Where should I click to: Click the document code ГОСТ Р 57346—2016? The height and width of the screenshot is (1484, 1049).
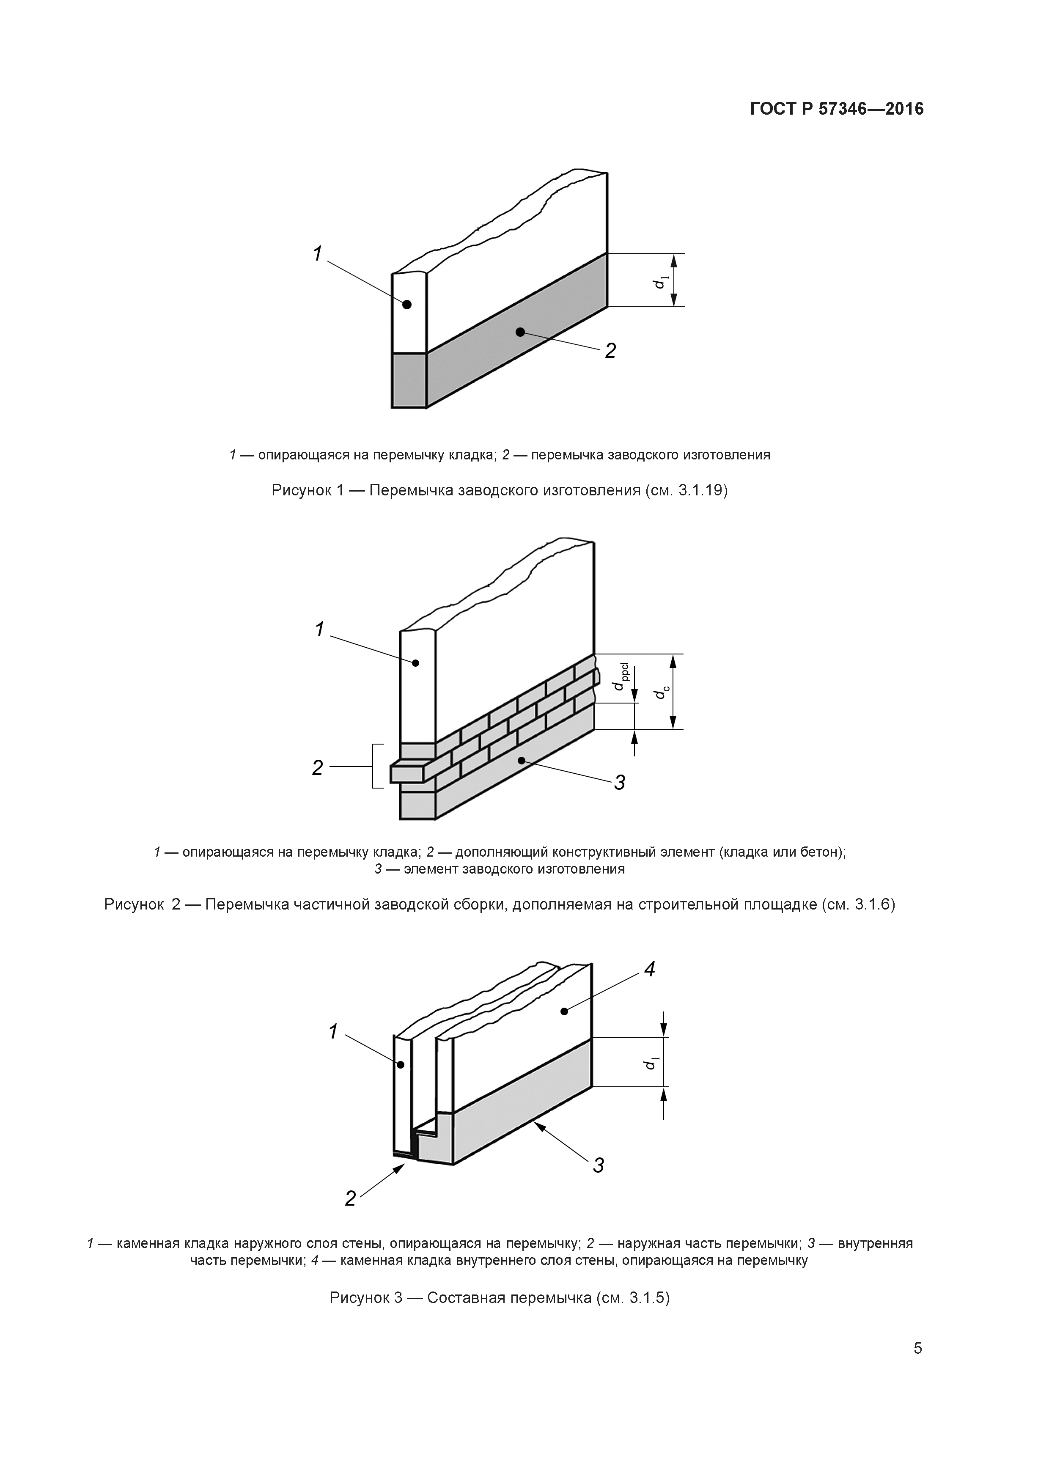[837, 109]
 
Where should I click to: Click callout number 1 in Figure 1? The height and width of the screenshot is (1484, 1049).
[317, 254]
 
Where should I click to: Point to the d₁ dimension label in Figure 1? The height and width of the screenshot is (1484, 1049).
[660, 281]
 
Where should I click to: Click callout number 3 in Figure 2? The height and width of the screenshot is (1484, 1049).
[619, 783]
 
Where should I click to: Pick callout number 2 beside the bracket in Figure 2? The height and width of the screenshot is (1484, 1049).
[317, 767]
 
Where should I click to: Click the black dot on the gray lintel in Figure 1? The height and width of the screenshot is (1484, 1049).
[520, 332]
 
